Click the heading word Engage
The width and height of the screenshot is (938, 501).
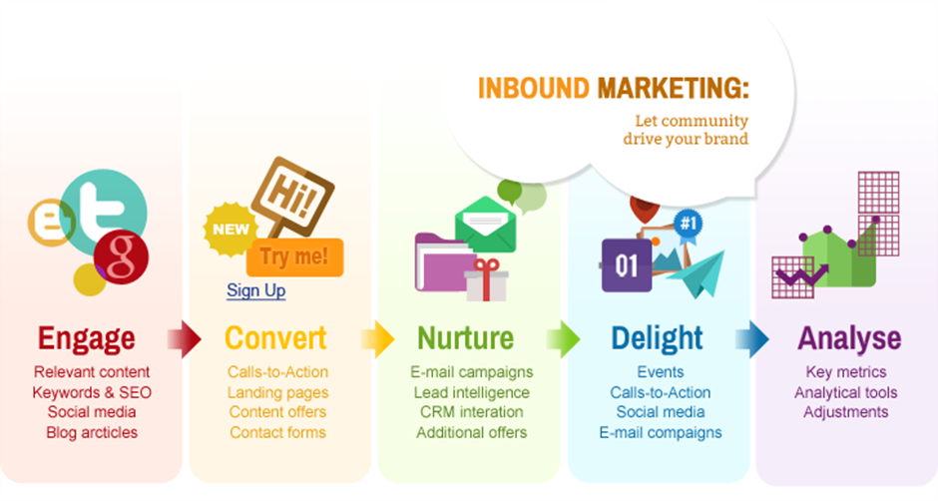coord(86,338)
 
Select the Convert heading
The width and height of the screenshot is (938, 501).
coord(275,338)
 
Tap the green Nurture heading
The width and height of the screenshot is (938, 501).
coord(465,338)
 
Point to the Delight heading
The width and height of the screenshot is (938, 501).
coord(657,338)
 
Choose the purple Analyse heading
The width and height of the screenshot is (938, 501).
coord(849,339)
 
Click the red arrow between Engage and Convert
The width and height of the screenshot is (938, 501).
coord(185,339)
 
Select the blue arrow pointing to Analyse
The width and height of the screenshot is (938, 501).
coord(752,339)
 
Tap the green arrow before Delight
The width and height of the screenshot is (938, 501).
coord(563,339)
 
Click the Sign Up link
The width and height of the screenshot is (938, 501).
coord(256,290)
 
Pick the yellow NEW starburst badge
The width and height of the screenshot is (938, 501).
coord(231,230)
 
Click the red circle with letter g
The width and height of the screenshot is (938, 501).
coord(122,256)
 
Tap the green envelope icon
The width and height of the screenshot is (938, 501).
coord(485,226)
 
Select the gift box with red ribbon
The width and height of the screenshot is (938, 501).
coord(486,280)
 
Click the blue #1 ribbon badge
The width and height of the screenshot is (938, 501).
coord(689,227)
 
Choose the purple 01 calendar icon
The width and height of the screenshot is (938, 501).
coord(626,265)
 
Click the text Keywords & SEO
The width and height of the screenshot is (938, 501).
coord(92,392)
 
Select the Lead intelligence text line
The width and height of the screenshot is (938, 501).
coord(471,392)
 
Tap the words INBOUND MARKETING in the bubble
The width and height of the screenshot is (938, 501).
coord(613,89)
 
